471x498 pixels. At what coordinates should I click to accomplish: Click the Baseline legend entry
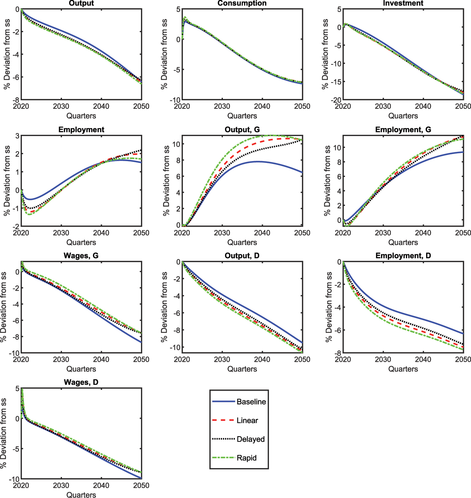[x=251, y=402]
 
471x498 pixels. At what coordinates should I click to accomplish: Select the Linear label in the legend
[x=247, y=420]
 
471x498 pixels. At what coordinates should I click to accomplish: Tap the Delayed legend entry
[x=251, y=439]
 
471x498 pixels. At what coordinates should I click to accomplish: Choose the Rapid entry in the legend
[x=246, y=458]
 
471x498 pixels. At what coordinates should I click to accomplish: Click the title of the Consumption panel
[x=242, y=3]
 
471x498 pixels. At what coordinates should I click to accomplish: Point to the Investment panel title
[x=403, y=3]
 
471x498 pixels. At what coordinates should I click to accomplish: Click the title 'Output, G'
[x=242, y=130]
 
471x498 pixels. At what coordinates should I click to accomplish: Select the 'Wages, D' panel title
[x=81, y=382]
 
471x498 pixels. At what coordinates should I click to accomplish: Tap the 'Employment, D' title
[x=403, y=256]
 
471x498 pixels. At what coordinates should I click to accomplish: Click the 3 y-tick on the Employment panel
[x=17, y=136]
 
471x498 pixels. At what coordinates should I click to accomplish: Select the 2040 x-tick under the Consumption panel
[x=262, y=106]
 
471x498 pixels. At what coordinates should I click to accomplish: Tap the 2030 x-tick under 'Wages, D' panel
[x=61, y=486]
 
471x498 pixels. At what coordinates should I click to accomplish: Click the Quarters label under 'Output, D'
[x=242, y=369]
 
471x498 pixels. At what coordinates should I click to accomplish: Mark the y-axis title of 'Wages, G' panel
[x=4, y=307]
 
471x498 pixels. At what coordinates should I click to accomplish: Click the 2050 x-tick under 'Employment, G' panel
[x=463, y=233]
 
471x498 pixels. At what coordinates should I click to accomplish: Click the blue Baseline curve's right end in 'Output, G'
[x=302, y=173]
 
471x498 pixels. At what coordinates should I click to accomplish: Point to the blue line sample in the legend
[x=223, y=402]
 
